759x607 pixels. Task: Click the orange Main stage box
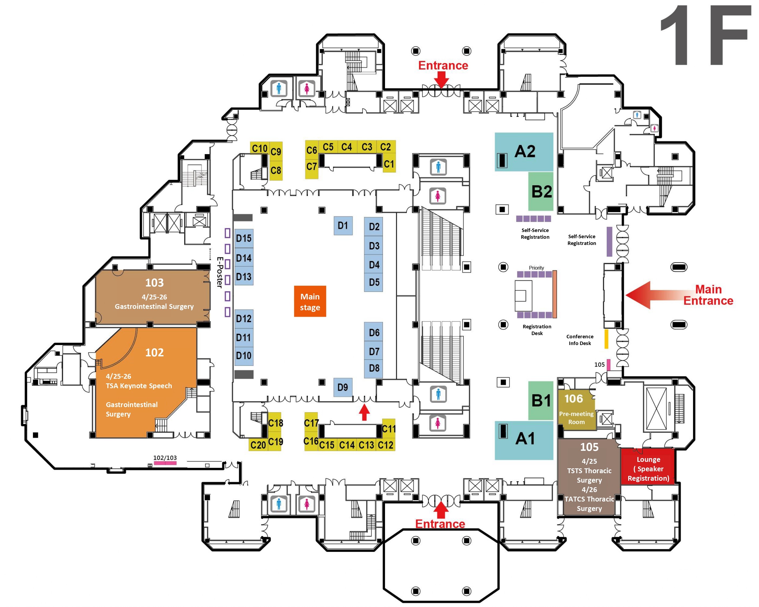[x=310, y=301]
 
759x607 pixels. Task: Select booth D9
[x=342, y=387]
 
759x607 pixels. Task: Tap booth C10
[x=259, y=148]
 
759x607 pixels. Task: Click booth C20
[x=258, y=445]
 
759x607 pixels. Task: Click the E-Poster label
[x=220, y=272]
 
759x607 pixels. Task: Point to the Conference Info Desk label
[x=579, y=340]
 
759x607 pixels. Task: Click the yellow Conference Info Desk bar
[x=606, y=339]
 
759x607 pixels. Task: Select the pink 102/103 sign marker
[x=165, y=463]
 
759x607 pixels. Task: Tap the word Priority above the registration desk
[x=536, y=268]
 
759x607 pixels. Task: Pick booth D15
[x=244, y=238]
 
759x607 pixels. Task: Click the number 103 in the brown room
[x=154, y=282]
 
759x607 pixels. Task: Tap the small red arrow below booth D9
[x=364, y=412]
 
